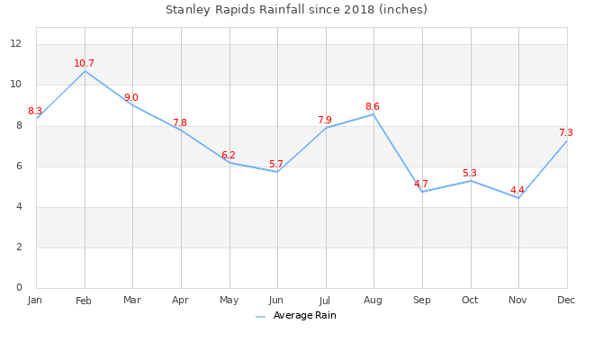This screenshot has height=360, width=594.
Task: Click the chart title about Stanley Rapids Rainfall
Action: point(296,10)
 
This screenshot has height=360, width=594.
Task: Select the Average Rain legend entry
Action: point(304,316)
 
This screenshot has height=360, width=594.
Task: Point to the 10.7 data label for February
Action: point(84,63)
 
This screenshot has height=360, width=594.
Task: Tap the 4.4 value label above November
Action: point(517,191)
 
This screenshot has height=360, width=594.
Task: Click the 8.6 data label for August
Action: point(373,107)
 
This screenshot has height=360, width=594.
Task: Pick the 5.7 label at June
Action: point(276,165)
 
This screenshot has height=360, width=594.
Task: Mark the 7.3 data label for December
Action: point(566,133)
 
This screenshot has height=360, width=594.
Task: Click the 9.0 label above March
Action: point(131,98)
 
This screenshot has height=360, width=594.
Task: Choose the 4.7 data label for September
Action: point(421,184)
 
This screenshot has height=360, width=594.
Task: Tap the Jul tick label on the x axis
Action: point(325,300)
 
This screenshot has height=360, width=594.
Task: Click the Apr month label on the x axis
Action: point(180,300)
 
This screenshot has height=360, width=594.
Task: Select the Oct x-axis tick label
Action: point(470,300)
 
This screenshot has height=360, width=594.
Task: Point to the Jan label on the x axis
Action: point(35,299)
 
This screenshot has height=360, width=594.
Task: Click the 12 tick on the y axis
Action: point(16,44)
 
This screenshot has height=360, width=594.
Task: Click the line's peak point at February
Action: point(85,70)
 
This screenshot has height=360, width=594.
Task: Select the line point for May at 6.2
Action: point(229,162)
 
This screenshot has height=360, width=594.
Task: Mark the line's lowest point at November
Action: point(518,198)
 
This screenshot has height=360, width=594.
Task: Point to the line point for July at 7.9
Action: point(326,128)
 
